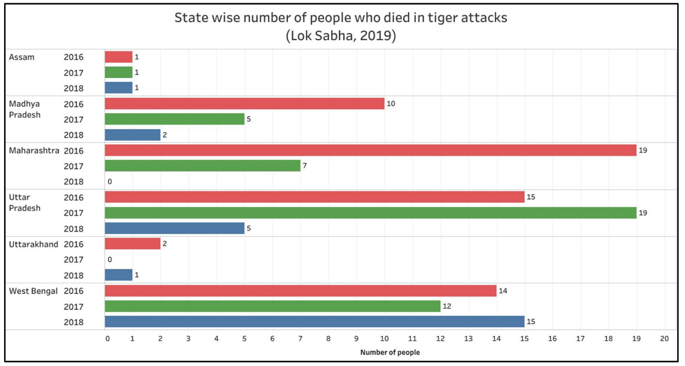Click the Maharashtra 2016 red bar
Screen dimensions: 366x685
coord(370,150)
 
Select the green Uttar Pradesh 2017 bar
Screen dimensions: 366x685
coord(370,213)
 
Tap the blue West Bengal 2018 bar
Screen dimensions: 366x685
coord(315,322)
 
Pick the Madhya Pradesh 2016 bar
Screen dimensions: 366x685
coord(245,104)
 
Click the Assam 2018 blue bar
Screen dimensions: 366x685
coord(119,88)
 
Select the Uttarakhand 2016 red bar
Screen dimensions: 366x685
coord(133,244)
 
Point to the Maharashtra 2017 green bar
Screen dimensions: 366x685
coord(203,166)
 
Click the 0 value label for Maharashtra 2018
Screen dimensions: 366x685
coord(110,182)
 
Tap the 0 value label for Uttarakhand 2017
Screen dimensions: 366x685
coord(110,260)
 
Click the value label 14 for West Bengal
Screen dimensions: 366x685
coord(503,291)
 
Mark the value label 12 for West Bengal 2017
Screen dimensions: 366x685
coord(447,306)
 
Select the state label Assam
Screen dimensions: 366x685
coord(21,57)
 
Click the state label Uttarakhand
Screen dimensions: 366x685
coord(34,244)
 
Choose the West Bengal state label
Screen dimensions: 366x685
coord(33,291)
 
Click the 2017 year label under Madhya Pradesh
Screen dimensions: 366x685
coord(74,120)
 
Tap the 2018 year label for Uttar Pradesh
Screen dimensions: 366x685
coord(74,229)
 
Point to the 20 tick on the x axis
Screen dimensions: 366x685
coord(664,339)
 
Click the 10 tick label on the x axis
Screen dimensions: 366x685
coord(385,339)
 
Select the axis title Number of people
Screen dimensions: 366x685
coord(390,352)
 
